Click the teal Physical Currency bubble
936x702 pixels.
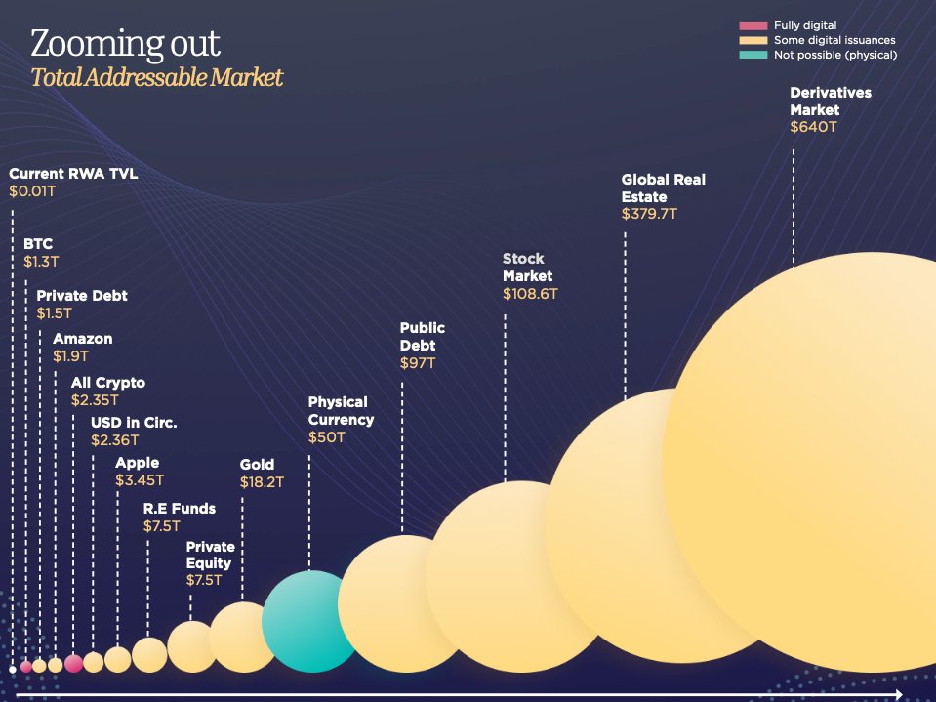(x=310, y=621)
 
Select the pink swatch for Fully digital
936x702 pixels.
(x=753, y=25)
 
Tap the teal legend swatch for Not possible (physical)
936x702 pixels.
(x=753, y=55)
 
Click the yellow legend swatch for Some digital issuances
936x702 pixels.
(x=753, y=40)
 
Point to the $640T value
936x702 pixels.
(x=813, y=127)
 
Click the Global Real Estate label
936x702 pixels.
(x=663, y=188)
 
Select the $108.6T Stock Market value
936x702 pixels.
(x=530, y=294)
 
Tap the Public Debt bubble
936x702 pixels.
(x=400, y=603)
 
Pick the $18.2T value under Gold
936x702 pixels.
(x=262, y=482)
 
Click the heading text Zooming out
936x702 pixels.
(x=125, y=44)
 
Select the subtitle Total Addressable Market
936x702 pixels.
(x=157, y=78)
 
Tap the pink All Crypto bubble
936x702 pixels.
(x=73, y=664)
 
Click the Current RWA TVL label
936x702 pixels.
(x=73, y=174)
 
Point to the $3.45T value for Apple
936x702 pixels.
(x=140, y=480)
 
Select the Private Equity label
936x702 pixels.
(x=210, y=555)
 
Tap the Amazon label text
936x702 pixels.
(x=83, y=339)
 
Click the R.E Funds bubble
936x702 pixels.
(x=149, y=654)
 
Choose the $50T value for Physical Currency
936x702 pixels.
(x=327, y=437)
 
